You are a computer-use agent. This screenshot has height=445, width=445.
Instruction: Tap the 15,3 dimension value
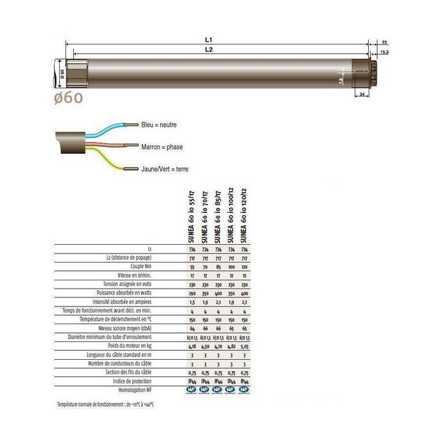click(385, 52)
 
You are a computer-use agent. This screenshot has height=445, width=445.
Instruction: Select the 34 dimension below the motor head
click(362, 95)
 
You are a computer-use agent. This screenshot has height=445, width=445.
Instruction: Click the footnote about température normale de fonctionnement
click(106, 404)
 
